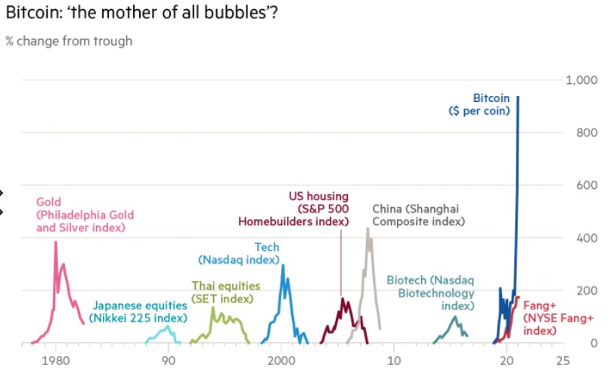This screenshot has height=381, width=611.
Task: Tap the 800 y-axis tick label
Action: point(588,132)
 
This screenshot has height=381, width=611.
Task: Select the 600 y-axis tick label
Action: point(588,185)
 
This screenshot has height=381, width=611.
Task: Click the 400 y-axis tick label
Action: point(588,238)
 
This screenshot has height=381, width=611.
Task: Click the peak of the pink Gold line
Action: point(55,242)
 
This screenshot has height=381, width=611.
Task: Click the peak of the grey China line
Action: point(368,228)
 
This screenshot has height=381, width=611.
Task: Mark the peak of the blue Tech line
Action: point(283,265)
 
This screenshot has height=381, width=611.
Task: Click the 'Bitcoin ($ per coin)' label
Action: point(480,104)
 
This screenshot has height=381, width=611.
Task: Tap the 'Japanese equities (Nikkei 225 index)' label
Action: point(139,311)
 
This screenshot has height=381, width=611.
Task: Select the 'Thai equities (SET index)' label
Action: point(225,293)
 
